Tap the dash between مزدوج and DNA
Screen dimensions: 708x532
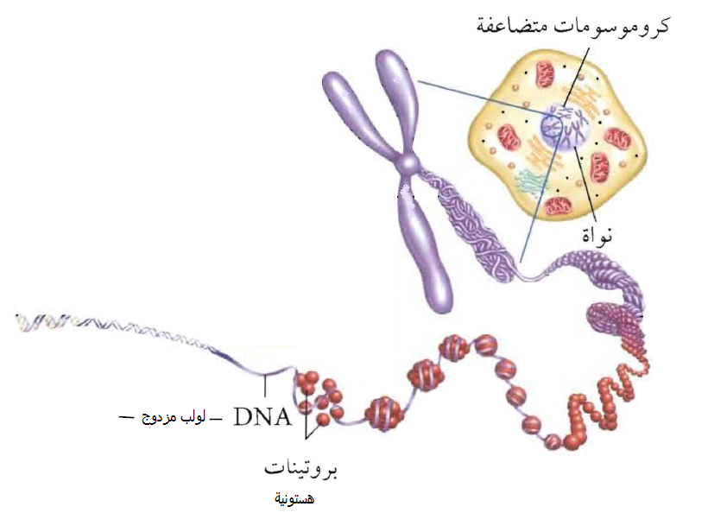[217, 419]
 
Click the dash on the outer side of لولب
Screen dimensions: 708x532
[126, 419]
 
